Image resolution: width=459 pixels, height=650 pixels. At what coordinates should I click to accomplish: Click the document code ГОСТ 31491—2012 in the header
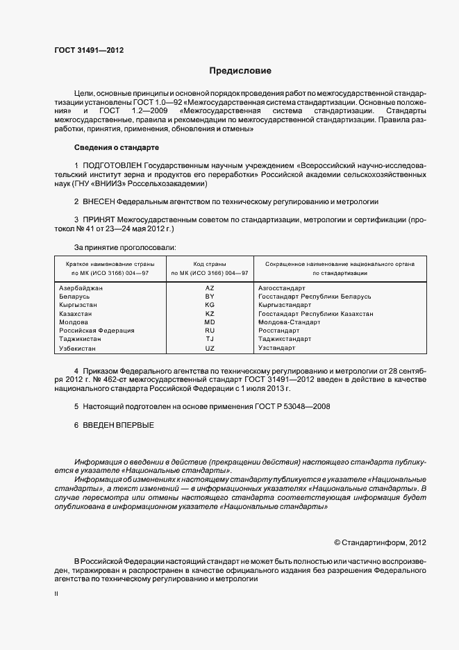click(89, 50)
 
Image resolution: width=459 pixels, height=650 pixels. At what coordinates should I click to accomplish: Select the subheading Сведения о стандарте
click(117, 148)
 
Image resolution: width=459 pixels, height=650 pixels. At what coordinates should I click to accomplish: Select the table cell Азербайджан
click(81, 287)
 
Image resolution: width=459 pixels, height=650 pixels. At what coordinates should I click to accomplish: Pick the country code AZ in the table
click(210, 287)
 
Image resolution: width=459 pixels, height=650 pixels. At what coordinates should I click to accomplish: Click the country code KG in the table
click(210, 305)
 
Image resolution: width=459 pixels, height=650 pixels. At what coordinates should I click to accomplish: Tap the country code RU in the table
click(210, 331)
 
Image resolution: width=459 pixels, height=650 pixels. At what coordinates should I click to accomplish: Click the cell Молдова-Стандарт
click(288, 322)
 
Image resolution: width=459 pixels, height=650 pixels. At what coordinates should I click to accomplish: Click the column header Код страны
click(210, 265)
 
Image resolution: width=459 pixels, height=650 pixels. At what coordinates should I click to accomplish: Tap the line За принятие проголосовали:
click(124, 247)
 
